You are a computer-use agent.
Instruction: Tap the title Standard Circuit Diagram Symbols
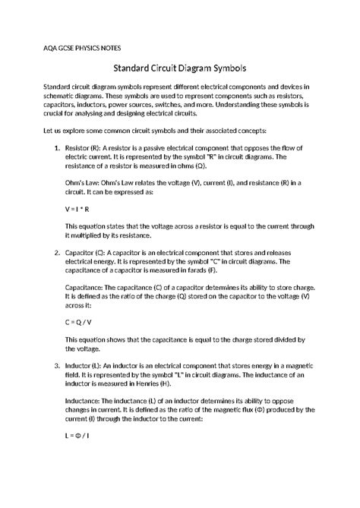[x=180, y=67]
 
